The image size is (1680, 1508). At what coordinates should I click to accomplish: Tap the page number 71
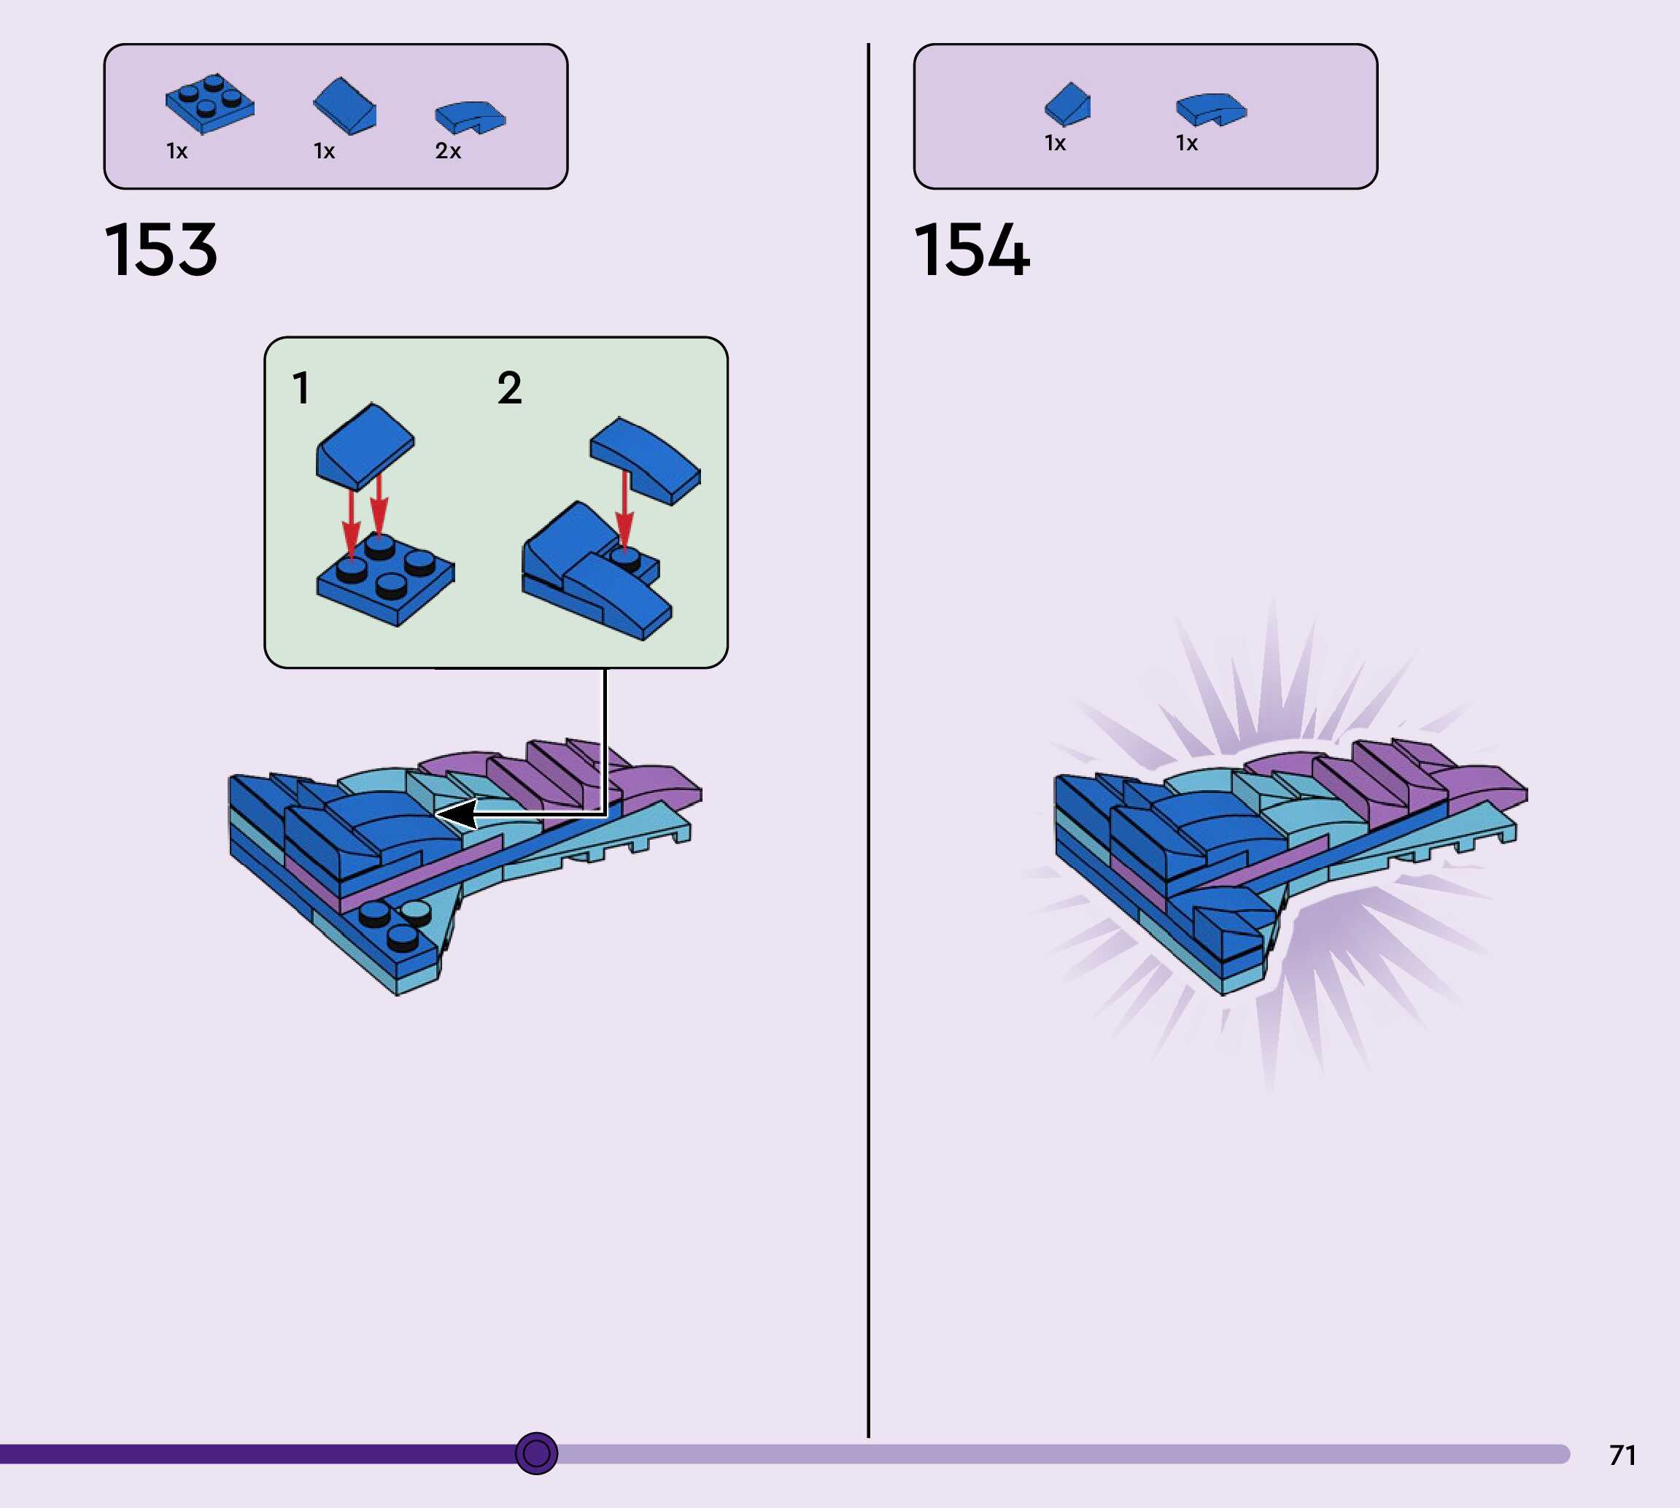(x=1622, y=1455)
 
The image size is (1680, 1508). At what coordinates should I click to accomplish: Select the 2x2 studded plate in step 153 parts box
(x=209, y=104)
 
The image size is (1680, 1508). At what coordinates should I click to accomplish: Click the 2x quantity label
(x=447, y=151)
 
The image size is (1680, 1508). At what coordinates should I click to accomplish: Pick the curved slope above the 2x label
(x=470, y=117)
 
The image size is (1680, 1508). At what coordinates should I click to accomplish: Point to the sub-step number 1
(x=301, y=388)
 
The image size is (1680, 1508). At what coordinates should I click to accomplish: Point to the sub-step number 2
(x=509, y=388)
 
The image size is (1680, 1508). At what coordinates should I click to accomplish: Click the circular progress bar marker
(x=536, y=1453)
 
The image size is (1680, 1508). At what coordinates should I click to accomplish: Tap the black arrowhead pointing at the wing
(x=457, y=813)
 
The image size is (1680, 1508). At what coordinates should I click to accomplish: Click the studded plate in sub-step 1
(x=386, y=580)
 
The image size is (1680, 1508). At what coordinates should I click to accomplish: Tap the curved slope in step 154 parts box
(x=1210, y=109)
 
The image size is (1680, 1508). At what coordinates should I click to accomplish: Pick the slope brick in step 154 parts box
(x=1068, y=104)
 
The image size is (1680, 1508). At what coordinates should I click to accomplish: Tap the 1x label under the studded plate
(x=177, y=151)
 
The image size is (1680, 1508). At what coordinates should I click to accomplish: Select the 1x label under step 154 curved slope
(x=1186, y=143)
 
